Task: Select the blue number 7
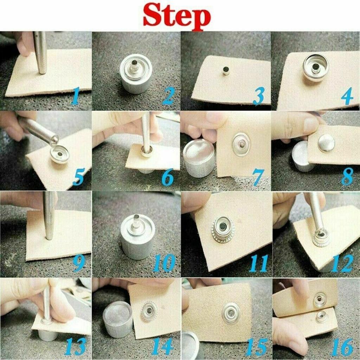258,178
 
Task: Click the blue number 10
164,263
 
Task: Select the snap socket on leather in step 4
316,67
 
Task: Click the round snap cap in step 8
326,143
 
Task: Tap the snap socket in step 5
59,154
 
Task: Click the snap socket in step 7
241,144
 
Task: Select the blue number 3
258,96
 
